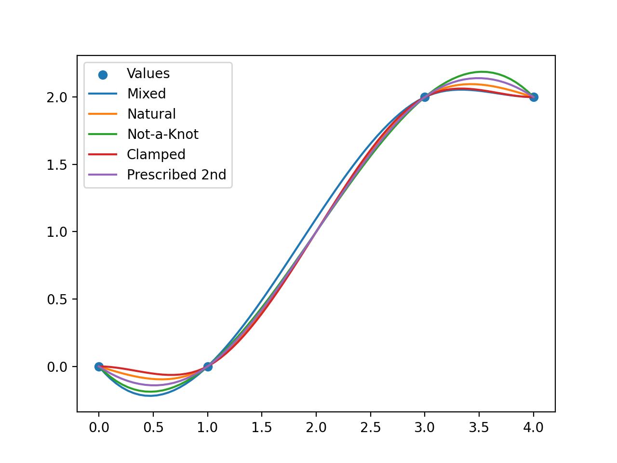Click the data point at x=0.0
pos(99,367)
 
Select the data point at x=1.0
pos(208,367)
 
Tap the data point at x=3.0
pos(425,97)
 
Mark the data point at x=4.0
pos(534,97)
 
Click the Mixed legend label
pos(146,94)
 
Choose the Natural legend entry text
pos(151,114)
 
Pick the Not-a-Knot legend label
pos(162,134)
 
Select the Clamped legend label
pos(156,154)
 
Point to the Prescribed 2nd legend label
pos(176,175)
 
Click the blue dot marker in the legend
pos(103,74)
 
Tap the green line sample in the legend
pos(103,134)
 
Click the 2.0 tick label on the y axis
pos(57,97)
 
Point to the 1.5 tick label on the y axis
pos(57,164)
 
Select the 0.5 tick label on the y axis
pos(57,300)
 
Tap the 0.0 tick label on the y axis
pos(57,367)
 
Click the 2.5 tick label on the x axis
pos(370,427)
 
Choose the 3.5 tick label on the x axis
pos(479,427)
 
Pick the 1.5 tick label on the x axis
pos(262,427)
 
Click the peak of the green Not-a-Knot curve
pos(482,72)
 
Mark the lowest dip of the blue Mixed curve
pos(150,395)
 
